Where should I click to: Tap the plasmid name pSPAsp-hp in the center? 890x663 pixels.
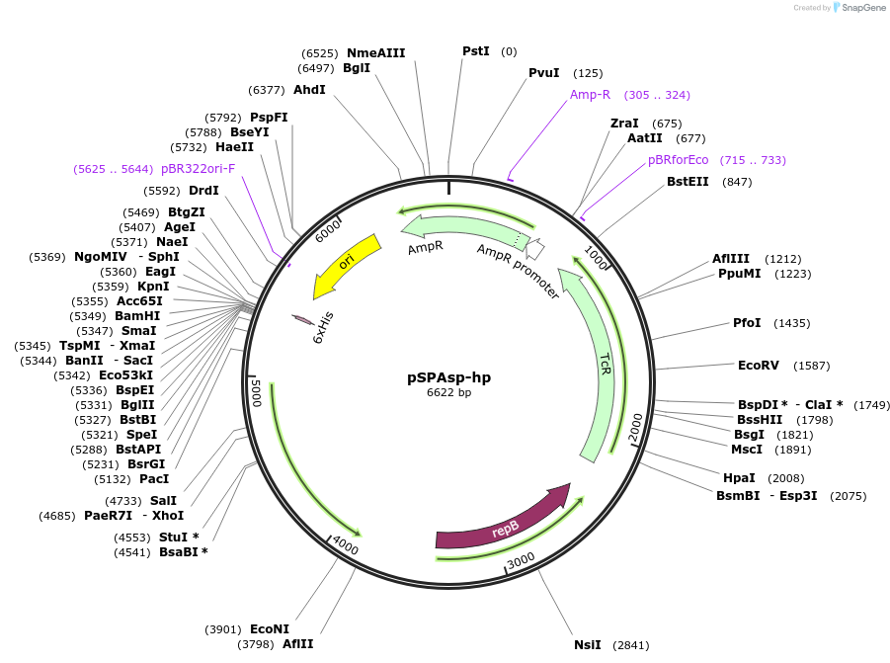pos(448,376)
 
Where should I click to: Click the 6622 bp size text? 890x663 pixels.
pos(448,392)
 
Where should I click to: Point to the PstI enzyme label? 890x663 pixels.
pos(475,50)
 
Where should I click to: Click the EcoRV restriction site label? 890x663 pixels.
pos(759,366)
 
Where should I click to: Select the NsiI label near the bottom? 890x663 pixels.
pos(587,644)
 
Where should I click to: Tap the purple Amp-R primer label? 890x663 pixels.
pos(590,95)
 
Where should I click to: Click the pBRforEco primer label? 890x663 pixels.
pos(679,160)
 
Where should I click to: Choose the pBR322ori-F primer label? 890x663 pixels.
pos(198,169)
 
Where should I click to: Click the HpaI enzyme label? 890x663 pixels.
pos(739,478)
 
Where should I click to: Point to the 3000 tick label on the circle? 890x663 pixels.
pos(521,560)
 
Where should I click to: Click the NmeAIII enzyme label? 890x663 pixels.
pos(375,53)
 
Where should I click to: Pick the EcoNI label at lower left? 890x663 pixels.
pos(269,629)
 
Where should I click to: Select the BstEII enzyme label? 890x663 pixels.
pos(688,182)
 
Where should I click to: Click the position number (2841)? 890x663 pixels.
pos(630,645)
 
